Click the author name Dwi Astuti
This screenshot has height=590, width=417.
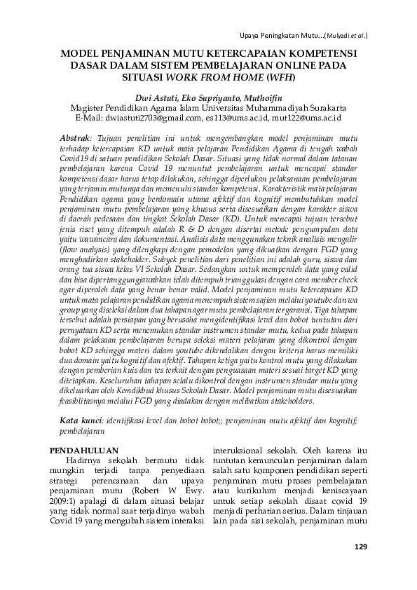[155, 100]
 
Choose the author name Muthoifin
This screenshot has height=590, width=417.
[264, 100]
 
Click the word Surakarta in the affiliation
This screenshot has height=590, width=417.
[322, 109]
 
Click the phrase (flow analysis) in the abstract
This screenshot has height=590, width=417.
[86, 267]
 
